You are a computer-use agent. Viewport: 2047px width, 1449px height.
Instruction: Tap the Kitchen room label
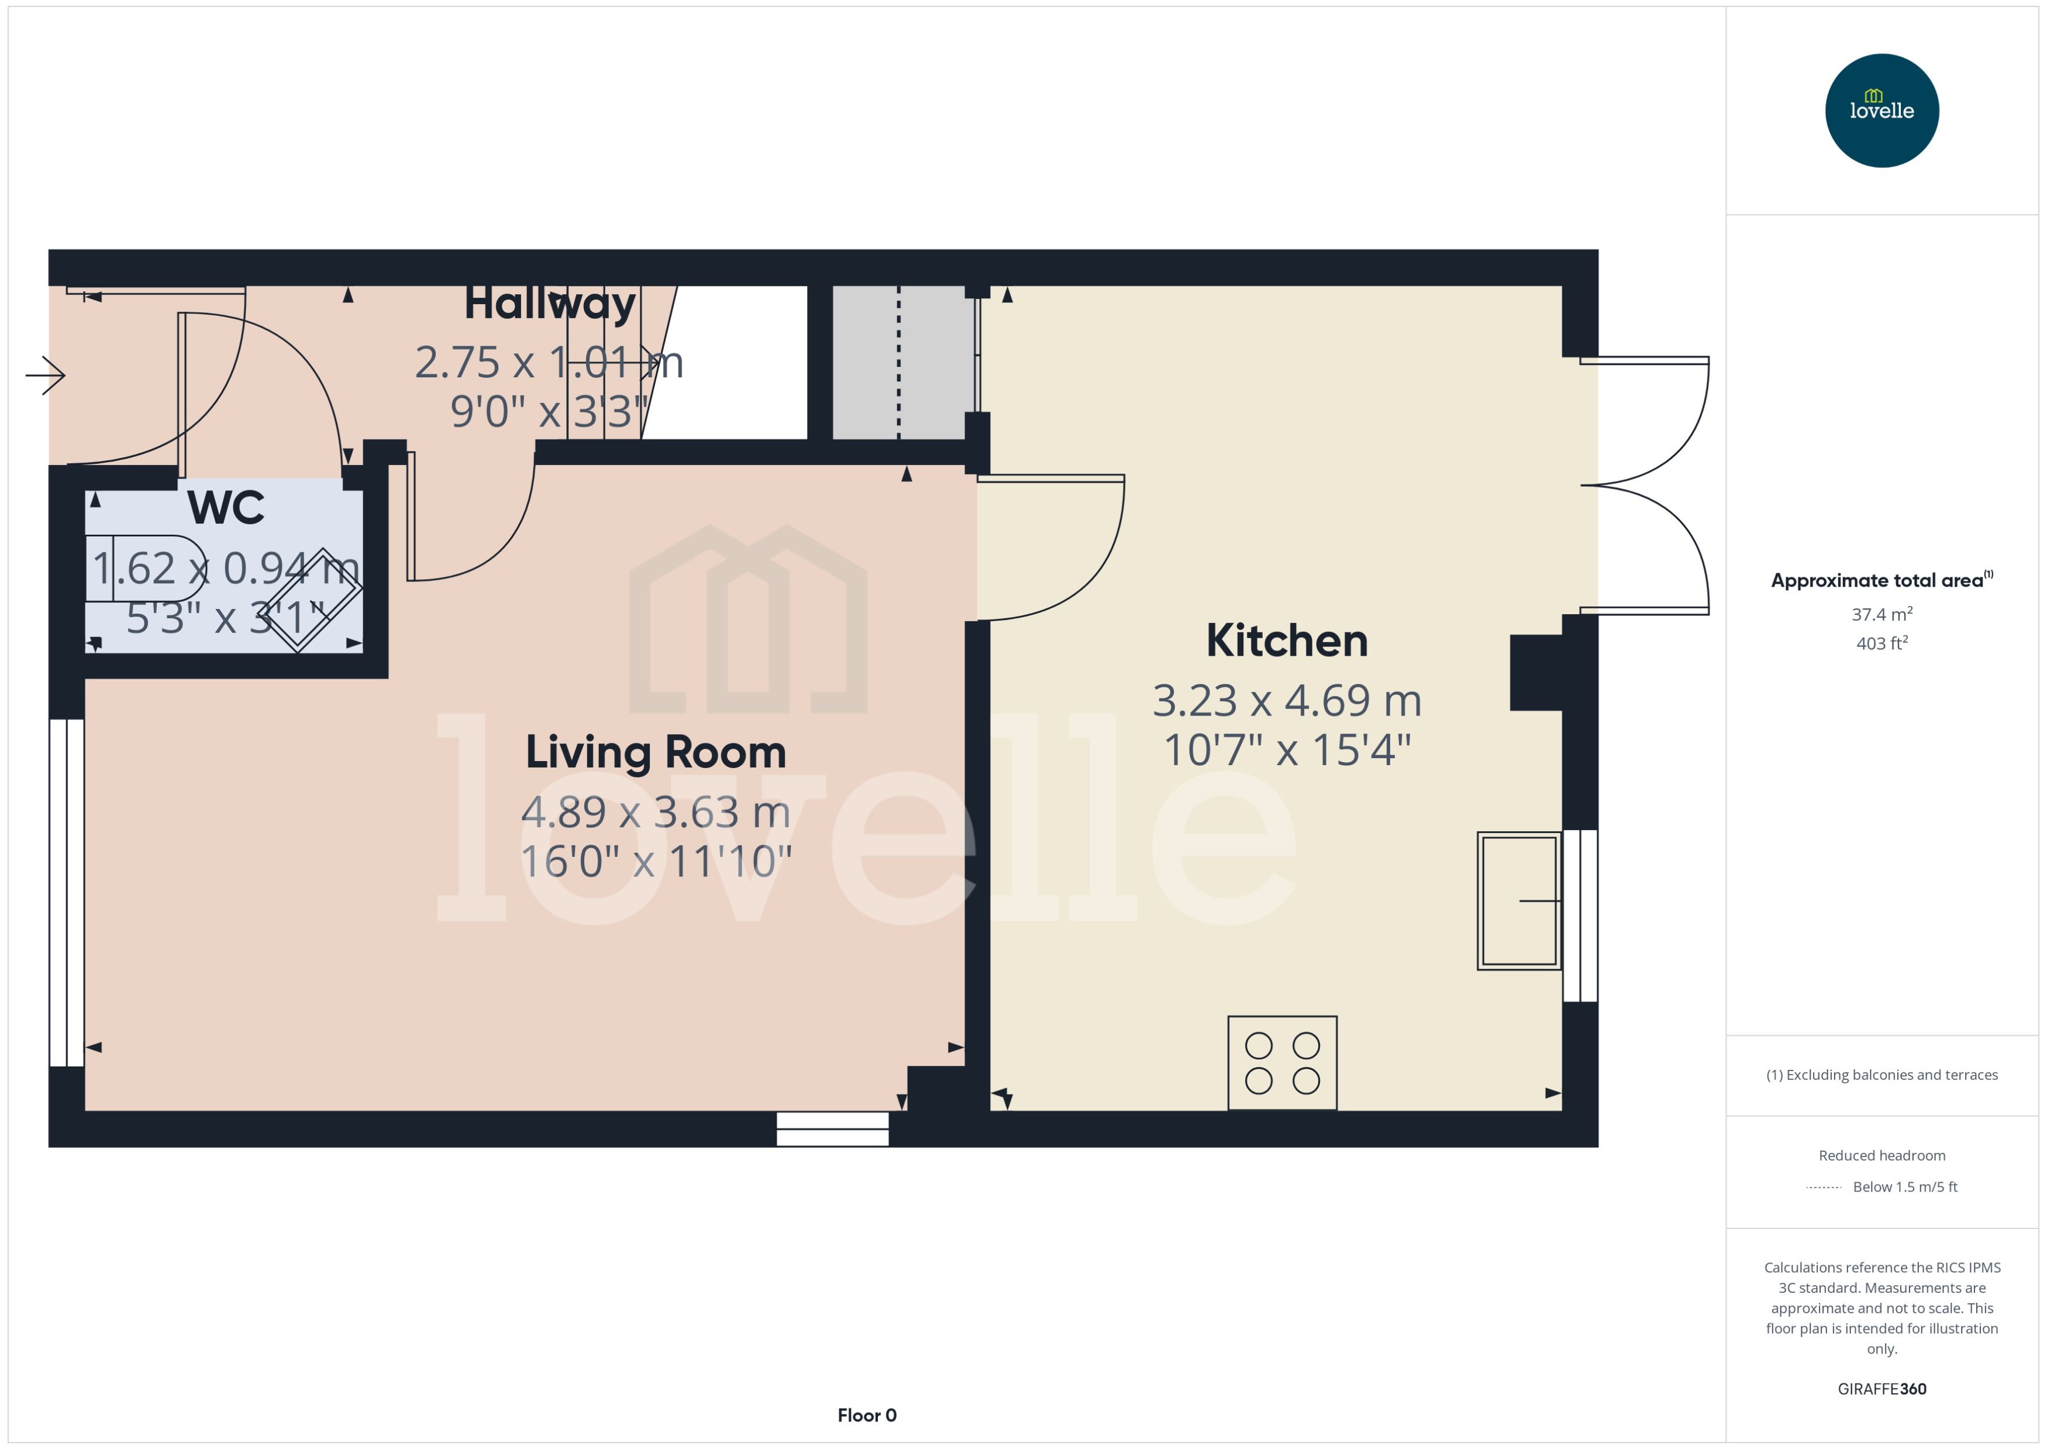coord(1286,641)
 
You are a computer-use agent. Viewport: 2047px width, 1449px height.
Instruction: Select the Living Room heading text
coord(656,752)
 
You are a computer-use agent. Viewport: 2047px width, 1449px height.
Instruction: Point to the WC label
coord(226,508)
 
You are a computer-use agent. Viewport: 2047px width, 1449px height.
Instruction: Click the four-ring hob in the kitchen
coord(1282,1063)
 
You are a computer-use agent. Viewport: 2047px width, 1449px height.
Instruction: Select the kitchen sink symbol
coord(1518,900)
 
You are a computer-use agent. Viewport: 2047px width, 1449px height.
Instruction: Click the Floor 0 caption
coord(866,1415)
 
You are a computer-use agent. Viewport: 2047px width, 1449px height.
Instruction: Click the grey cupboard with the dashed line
coord(898,362)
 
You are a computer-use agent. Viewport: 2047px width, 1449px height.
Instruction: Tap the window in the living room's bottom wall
coord(832,1128)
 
